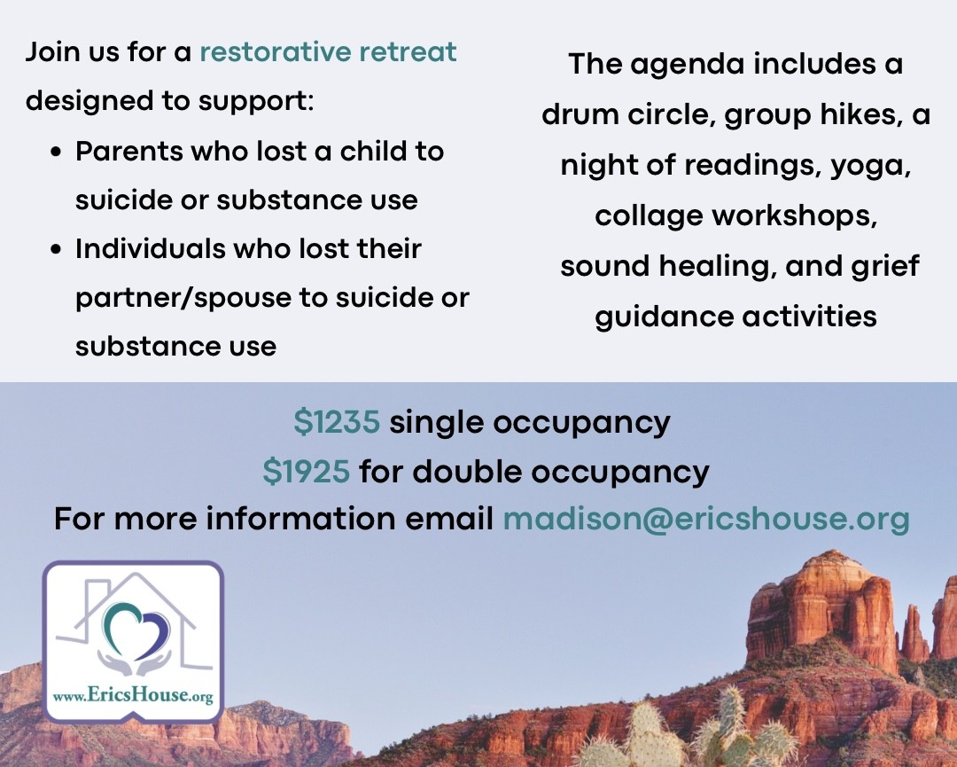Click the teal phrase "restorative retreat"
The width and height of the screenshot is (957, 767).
click(328, 52)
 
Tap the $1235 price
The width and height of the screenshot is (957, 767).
click(337, 422)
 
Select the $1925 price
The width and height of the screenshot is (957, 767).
click(307, 472)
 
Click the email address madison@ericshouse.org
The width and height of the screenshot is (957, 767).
click(706, 519)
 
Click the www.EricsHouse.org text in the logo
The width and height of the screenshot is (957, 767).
click(132, 695)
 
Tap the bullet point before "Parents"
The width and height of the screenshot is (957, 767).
click(57, 152)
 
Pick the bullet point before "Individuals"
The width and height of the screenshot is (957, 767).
click(57, 249)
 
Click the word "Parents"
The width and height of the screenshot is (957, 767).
click(128, 151)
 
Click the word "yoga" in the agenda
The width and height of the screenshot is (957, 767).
click(870, 166)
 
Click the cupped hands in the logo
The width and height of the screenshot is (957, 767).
click(135, 662)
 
